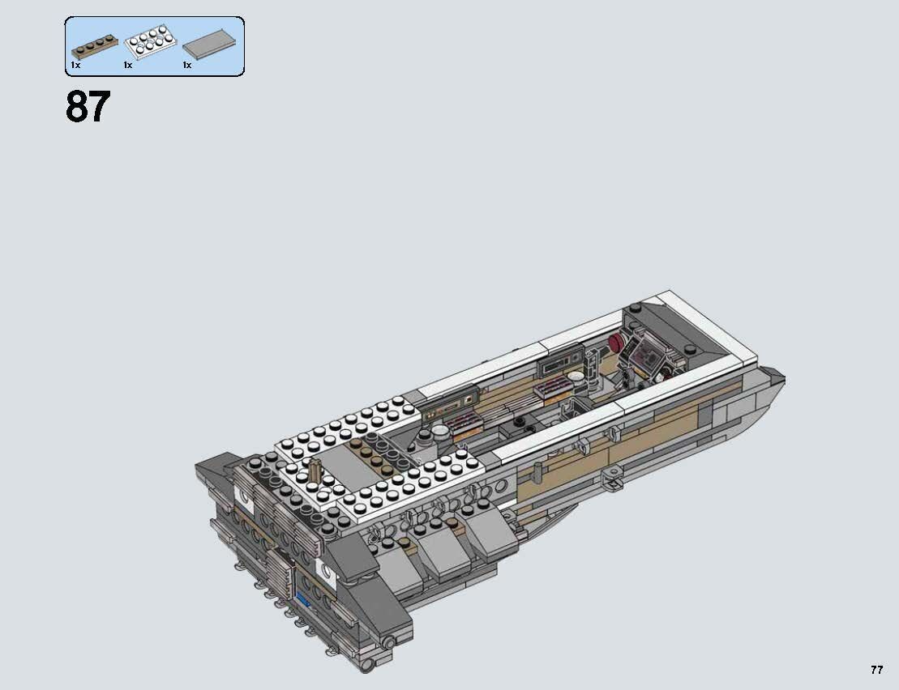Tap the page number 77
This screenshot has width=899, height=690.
876,670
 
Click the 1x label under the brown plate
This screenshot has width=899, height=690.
75,65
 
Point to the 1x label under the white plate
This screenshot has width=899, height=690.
128,65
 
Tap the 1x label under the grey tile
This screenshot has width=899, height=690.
186,65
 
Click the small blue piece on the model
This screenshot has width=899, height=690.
306,601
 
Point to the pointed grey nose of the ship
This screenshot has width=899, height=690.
774,377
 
